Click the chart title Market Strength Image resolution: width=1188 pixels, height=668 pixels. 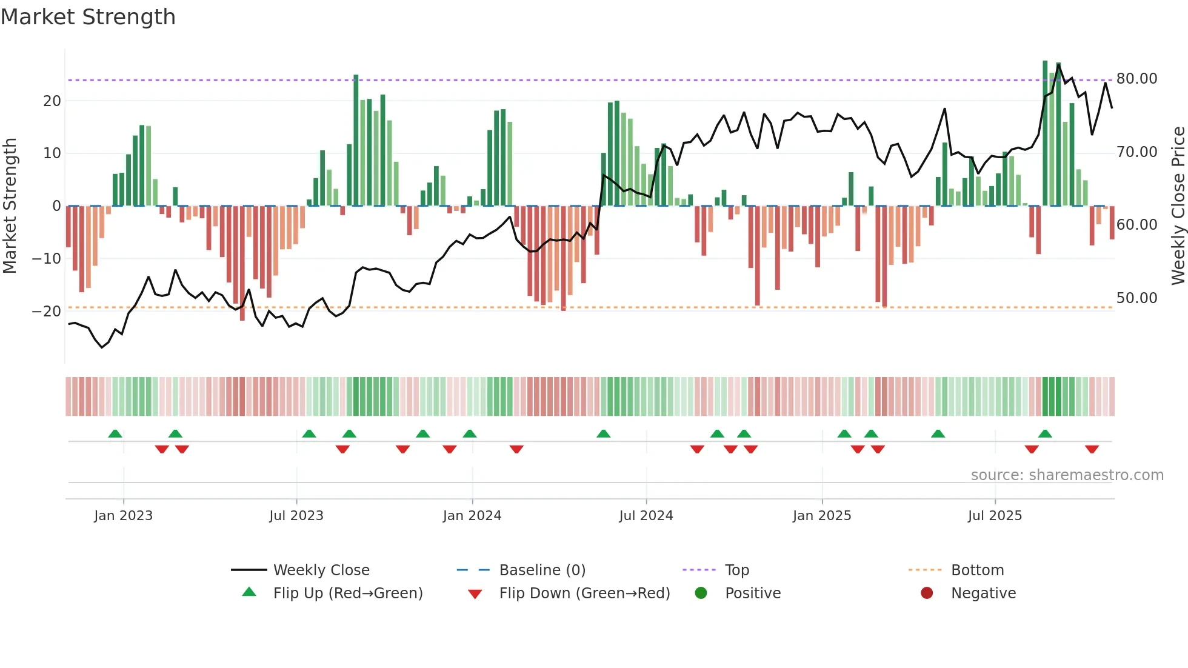(x=88, y=17)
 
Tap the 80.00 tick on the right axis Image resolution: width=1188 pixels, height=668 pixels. (x=1136, y=79)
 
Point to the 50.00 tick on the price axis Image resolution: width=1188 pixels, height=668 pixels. (x=1136, y=298)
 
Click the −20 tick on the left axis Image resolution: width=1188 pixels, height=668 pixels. (x=46, y=312)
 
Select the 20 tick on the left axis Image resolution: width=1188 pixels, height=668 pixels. (x=52, y=101)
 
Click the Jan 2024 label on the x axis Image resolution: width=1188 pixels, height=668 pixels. (x=472, y=516)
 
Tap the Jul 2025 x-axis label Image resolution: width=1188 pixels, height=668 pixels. (x=995, y=516)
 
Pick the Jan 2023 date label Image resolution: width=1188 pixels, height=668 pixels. (x=124, y=516)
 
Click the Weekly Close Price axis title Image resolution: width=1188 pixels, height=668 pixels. (x=1178, y=206)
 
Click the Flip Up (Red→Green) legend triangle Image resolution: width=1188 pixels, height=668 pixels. (x=249, y=592)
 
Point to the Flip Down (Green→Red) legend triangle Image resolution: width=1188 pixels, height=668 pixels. (x=475, y=594)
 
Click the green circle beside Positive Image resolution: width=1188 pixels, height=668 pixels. (x=701, y=593)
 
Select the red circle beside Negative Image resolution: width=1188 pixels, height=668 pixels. (x=927, y=593)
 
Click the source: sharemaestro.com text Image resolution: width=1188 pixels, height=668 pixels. (x=1067, y=475)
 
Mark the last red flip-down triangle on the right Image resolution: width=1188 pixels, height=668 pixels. (x=1092, y=449)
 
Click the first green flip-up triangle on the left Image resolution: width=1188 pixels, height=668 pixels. (x=115, y=433)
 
